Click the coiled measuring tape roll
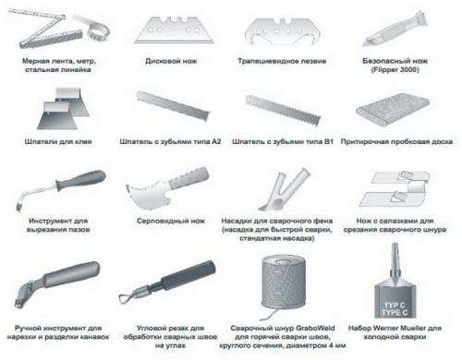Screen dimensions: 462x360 point(98,30)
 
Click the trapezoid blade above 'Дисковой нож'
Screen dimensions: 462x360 point(175,30)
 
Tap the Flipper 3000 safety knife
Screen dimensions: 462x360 point(395,30)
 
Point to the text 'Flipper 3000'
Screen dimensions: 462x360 point(395,70)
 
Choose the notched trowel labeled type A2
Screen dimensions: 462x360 point(174,105)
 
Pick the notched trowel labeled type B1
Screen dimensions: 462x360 point(283,110)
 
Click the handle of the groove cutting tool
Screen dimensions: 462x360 point(81,179)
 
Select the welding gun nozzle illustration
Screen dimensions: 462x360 point(284,188)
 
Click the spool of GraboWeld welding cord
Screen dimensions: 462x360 point(284,283)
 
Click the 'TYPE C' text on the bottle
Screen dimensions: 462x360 point(395,313)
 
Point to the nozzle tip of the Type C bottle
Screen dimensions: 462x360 point(395,245)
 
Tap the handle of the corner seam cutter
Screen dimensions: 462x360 point(188,275)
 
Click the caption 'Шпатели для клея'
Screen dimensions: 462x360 point(58,142)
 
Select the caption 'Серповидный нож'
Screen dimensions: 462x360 point(171,221)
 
